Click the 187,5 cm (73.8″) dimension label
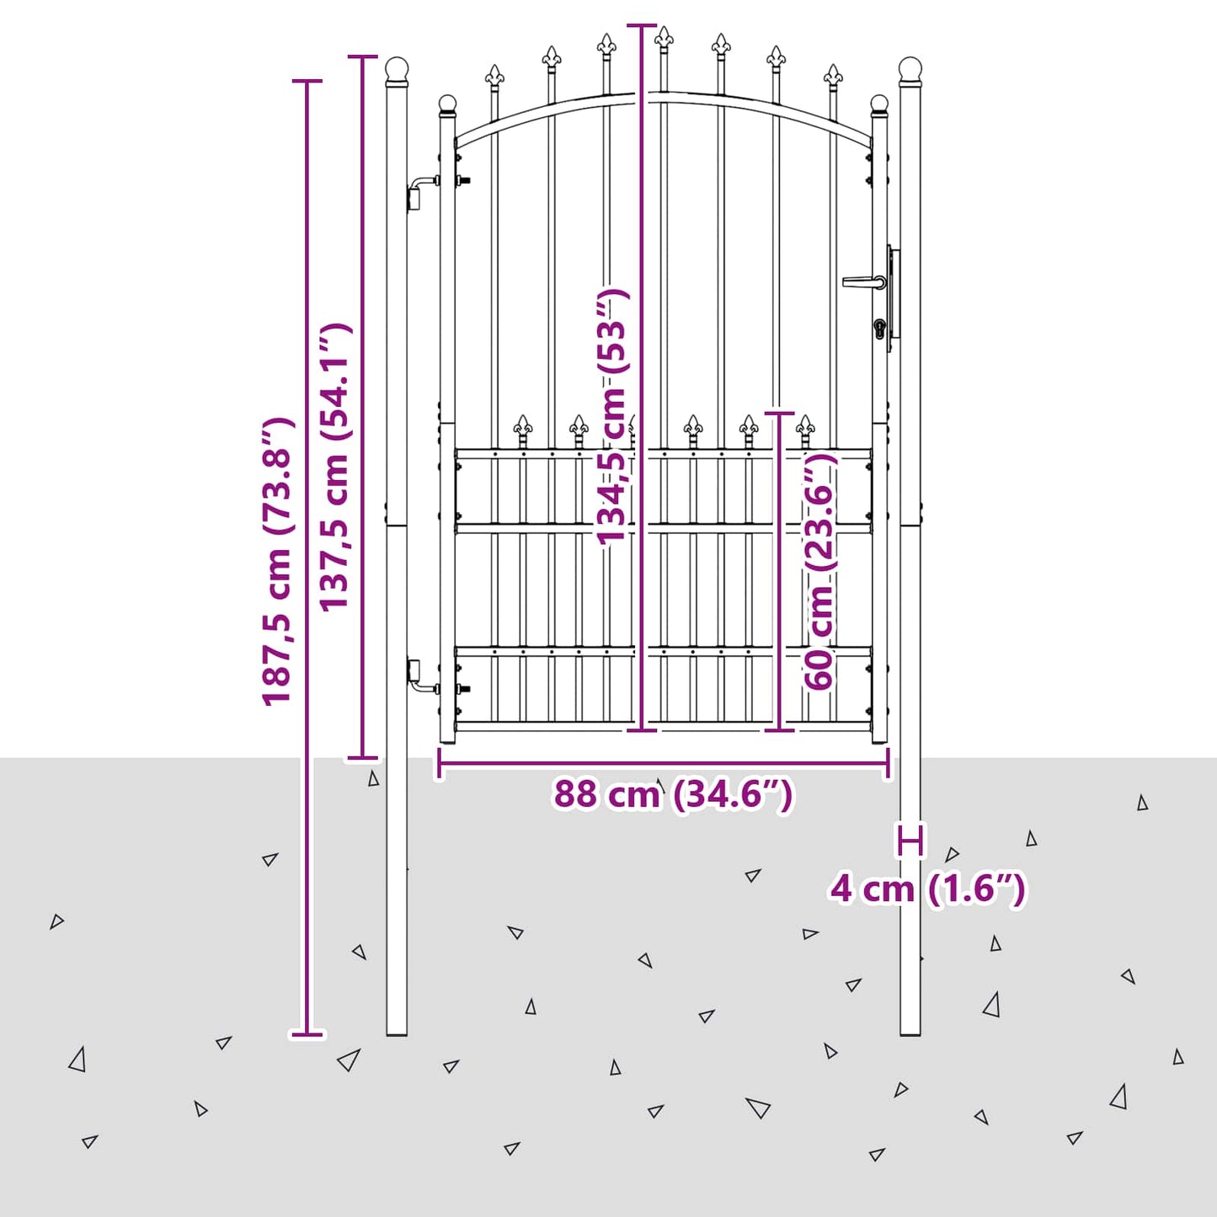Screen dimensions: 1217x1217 tap(278, 561)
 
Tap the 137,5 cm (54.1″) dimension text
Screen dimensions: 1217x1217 tap(334, 467)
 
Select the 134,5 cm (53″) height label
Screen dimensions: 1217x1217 tap(612, 416)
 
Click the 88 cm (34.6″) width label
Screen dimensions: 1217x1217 tap(673, 795)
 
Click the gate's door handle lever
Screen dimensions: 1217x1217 tap(864, 281)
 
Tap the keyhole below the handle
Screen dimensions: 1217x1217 tap(880, 328)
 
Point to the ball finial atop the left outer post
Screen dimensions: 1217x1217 tap(398, 68)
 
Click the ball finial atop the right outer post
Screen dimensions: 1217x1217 tap(910, 68)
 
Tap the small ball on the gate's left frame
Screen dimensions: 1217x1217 tap(447, 104)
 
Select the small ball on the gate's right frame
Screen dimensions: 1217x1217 tap(879, 104)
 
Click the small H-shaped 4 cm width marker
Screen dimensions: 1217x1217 tap(910, 841)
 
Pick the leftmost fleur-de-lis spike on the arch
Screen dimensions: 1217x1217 tap(494, 76)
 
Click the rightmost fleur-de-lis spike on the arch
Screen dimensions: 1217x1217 tap(833, 76)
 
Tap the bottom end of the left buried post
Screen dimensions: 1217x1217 tap(397, 1035)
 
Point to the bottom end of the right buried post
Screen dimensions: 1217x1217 tap(910, 1035)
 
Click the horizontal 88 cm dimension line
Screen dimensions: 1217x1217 tap(664, 764)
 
